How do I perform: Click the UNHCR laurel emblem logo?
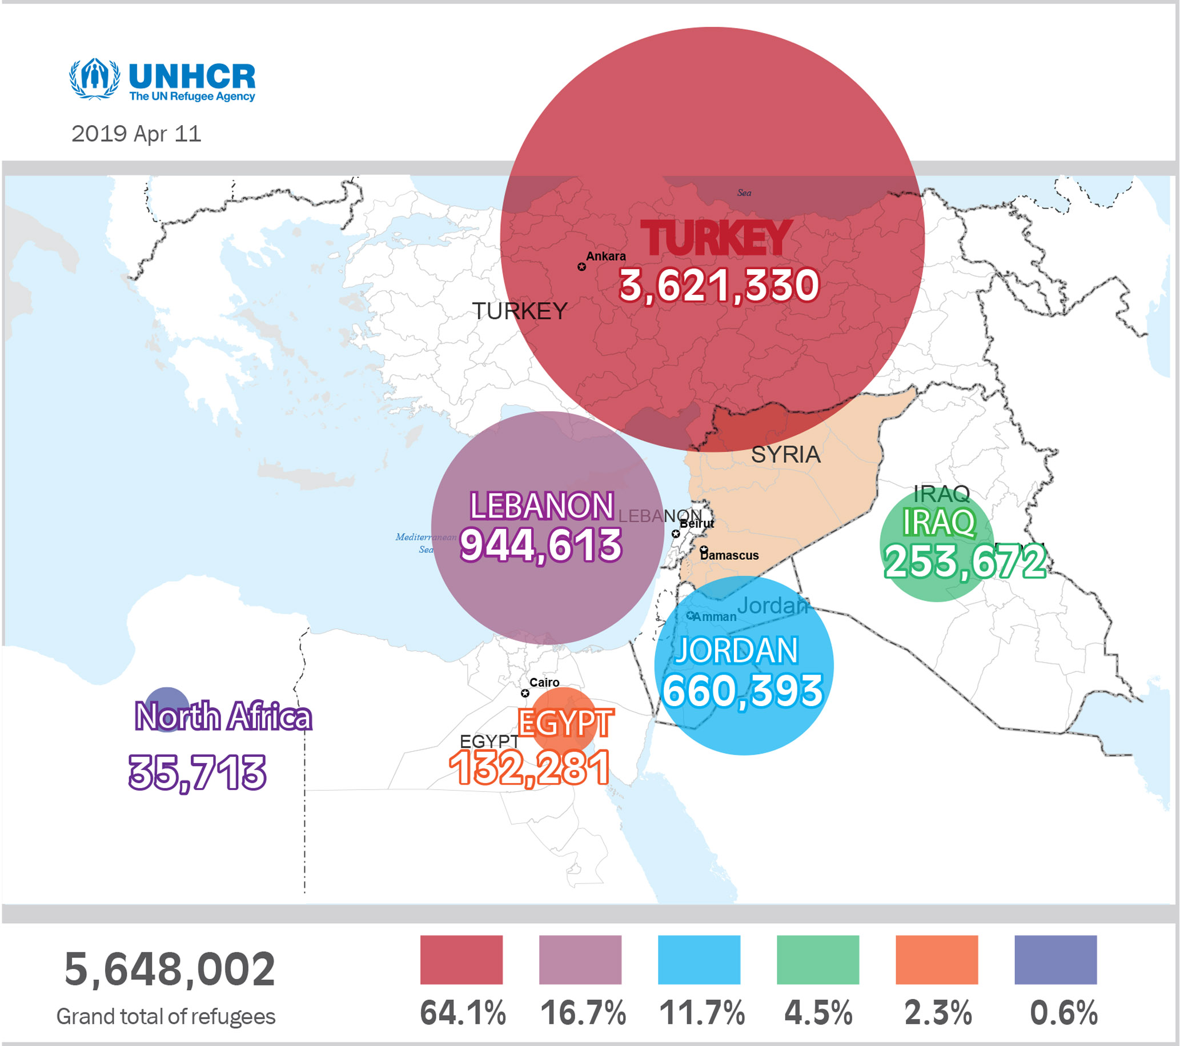pyautogui.click(x=95, y=78)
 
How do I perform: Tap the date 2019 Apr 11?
pyautogui.click(x=137, y=134)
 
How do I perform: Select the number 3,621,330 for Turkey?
pyautogui.click(x=719, y=285)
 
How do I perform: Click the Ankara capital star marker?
pyautogui.click(x=582, y=267)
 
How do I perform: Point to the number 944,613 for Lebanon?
pyautogui.click(x=541, y=546)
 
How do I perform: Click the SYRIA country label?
pyautogui.click(x=786, y=455)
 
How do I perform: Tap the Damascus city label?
pyautogui.click(x=731, y=555)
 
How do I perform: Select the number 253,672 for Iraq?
pyautogui.click(x=965, y=562)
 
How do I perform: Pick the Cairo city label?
pyautogui.click(x=544, y=682)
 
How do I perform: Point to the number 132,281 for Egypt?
pyautogui.click(x=529, y=768)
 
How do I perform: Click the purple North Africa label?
pyautogui.click(x=223, y=716)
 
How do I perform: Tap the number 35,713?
pyautogui.click(x=198, y=772)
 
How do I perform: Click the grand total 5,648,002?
pyautogui.click(x=170, y=969)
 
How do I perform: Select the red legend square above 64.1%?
pyautogui.click(x=461, y=960)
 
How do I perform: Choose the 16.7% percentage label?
pyautogui.click(x=583, y=1013)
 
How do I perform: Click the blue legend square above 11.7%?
pyautogui.click(x=699, y=960)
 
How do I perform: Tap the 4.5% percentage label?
pyautogui.click(x=818, y=1013)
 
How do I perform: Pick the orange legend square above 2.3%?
pyautogui.click(x=937, y=960)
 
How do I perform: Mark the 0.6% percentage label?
pyautogui.click(x=1063, y=1013)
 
